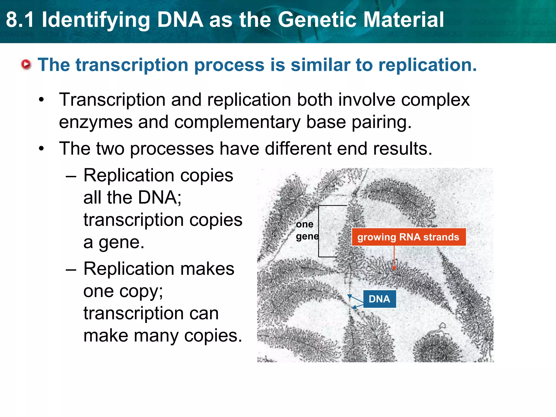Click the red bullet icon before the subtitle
click(26, 65)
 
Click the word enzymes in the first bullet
click(96, 122)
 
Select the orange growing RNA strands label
click(408, 237)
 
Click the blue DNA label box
click(380, 299)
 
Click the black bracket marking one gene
click(319, 231)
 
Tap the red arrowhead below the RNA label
click(394, 268)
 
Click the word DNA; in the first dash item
click(160, 197)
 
